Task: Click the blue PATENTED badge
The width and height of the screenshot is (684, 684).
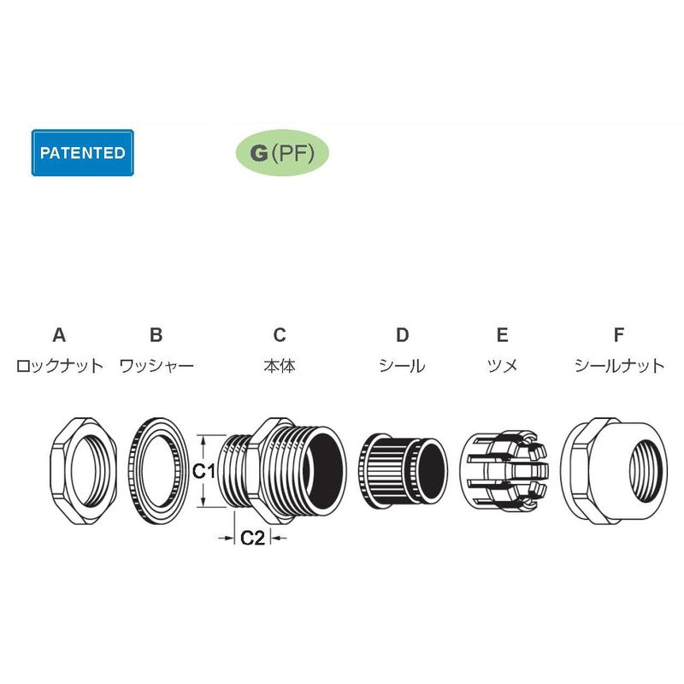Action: coord(82,153)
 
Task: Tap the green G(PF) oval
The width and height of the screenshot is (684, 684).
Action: coord(282,153)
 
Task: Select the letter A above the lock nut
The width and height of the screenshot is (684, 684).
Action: coord(59,335)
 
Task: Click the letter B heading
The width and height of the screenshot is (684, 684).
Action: coord(156,335)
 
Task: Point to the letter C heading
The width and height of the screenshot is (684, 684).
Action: coord(280,335)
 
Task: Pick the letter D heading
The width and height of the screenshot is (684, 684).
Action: coord(402,335)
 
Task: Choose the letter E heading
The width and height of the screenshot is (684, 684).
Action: coord(502,335)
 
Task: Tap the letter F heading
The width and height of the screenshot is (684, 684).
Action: coord(618,335)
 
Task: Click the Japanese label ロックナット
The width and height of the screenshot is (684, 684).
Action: coord(59,366)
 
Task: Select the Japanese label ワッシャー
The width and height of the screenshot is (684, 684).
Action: coord(156,366)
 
